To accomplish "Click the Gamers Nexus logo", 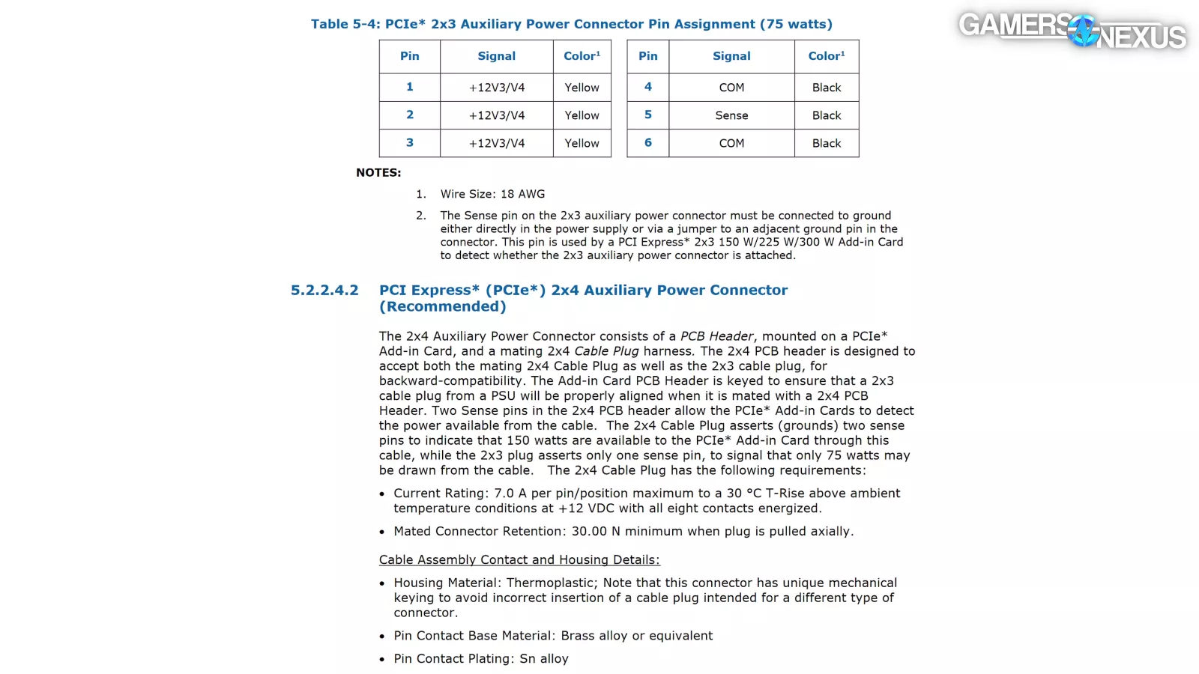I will point(1072,31).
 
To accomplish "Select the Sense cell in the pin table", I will point(731,115).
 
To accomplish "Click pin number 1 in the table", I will point(410,87).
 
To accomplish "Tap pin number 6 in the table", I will point(648,142).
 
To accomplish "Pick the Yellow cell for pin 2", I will point(582,115).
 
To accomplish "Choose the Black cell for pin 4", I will point(827,88).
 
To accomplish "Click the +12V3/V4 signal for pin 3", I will point(497,143).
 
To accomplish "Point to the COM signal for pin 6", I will point(731,143).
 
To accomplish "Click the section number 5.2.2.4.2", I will point(324,291).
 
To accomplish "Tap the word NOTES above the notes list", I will point(378,172).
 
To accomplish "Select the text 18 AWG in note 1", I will point(522,194).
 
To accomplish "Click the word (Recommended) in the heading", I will point(442,307).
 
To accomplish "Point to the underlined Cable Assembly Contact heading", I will point(519,560).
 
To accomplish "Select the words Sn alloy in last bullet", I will point(544,659).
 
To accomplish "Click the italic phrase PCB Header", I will point(716,337).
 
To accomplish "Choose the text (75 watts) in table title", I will point(796,25).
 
